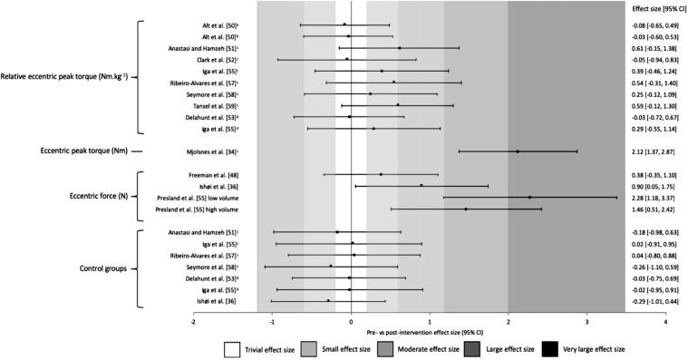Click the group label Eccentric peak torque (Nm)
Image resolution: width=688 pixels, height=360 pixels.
click(x=79, y=151)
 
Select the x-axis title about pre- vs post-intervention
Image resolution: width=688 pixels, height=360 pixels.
click(x=430, y=333)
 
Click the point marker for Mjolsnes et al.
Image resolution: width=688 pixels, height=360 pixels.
click(x=518, y=151)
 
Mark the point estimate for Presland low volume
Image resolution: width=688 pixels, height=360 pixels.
click(x=529, y=197)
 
